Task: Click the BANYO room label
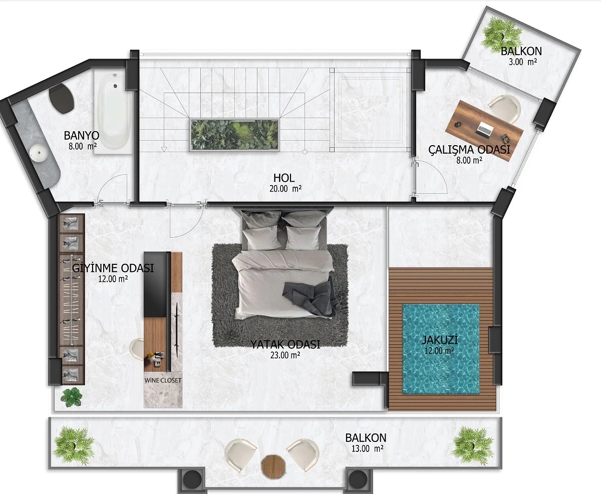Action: tap(82, 136)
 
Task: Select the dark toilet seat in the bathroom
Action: tap(62, 98)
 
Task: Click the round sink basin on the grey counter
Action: tap(39, 153)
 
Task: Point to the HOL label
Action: tap(284, 178)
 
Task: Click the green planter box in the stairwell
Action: tap(234, 135)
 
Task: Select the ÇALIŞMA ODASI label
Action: tap(469, 150)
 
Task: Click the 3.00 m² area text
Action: tap(523, 62)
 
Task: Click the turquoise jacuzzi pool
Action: tap(441, 349)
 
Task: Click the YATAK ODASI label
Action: tap(285, 344)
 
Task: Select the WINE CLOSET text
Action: tap(163, 380)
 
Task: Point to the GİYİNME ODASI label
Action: tap(113, 268)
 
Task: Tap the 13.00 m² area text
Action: tap(367, 448)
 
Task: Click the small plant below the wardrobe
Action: tap(72, 396)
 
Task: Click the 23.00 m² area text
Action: tap(285, 355)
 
